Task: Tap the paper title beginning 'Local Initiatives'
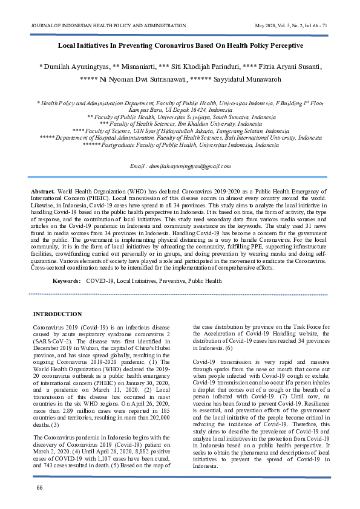coord(180,45)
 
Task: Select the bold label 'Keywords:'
coord(67,281)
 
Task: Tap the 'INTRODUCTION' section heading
coord(57,314)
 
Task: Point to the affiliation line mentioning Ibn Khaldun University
coord(180,123)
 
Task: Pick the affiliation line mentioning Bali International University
coord(180,138)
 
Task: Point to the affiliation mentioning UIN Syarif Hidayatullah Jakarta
coord(180,131)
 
